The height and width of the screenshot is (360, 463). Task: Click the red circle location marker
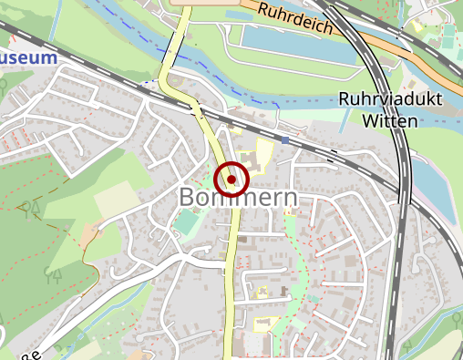pos(232,179)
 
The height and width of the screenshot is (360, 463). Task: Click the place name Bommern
pos(238,198)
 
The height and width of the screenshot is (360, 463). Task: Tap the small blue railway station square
pos(285,139)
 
